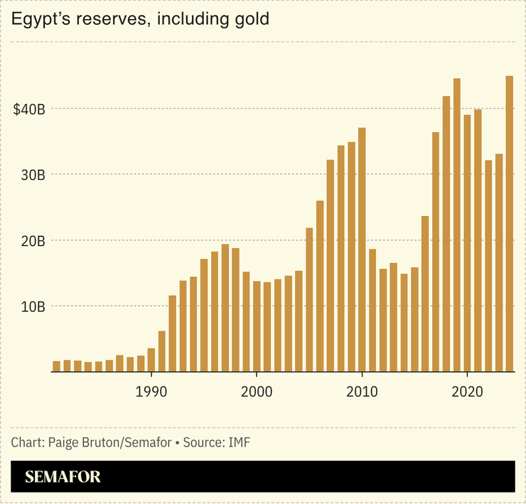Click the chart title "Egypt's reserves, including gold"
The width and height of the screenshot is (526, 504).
[140, 19]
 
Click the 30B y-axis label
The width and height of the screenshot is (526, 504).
[32, 175]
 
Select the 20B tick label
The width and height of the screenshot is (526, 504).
[32, 241]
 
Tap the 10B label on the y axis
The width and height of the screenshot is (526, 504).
[32, 306]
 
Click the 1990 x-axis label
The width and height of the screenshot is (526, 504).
[151, 391]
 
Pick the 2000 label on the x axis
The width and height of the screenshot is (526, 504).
[257, 391]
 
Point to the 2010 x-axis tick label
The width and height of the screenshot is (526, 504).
[362, 391]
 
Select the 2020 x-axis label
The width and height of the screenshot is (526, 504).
[467, 391]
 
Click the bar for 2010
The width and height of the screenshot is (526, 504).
[362, 250]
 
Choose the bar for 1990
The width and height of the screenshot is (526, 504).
[151, 360]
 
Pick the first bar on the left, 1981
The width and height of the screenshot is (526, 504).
[56, 366]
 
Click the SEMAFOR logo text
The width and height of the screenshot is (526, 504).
[63, 477]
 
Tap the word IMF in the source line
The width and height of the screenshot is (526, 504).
[239, 443]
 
